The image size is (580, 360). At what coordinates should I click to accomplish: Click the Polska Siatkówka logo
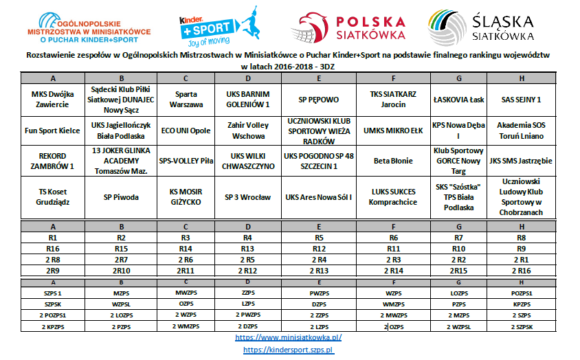coord(347,25)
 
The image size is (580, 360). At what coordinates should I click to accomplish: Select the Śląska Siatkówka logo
coord(480,25)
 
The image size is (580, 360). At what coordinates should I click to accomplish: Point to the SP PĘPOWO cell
coord(319,99)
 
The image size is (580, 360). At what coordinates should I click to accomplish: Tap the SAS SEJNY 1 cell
coord(521,99)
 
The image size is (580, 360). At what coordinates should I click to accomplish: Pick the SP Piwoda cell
coord(121,196)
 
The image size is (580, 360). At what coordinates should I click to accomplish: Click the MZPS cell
coord(121,292)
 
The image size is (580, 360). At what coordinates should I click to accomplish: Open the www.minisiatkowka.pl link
coord(289,337)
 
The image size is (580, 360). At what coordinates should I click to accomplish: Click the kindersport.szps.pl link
coord(289,350)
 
